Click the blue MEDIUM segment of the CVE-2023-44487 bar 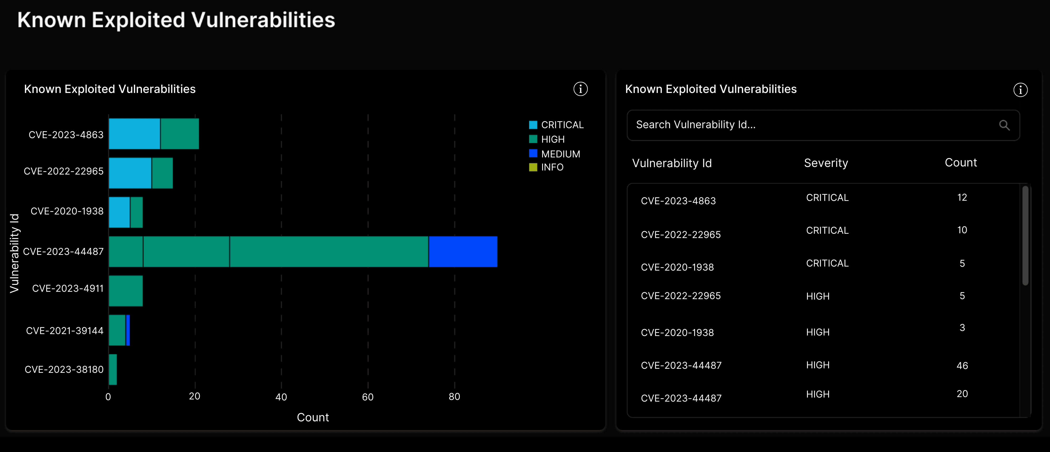[x=463, y=252]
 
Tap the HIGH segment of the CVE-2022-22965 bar [x=162, y=173]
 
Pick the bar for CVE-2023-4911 [x=126, y=291]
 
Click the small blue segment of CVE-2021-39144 [x=128, y=330]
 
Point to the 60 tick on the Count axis [x=368, y=397]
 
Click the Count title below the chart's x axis [x=313, y=417]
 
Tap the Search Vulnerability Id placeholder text [x=696, y=125]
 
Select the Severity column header [x=826, y=163]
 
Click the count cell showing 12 [x=962, y=198]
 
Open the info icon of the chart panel [x=580, y=89]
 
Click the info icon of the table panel [x=1020, y=90]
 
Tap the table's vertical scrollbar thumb [x=1025, y=236]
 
